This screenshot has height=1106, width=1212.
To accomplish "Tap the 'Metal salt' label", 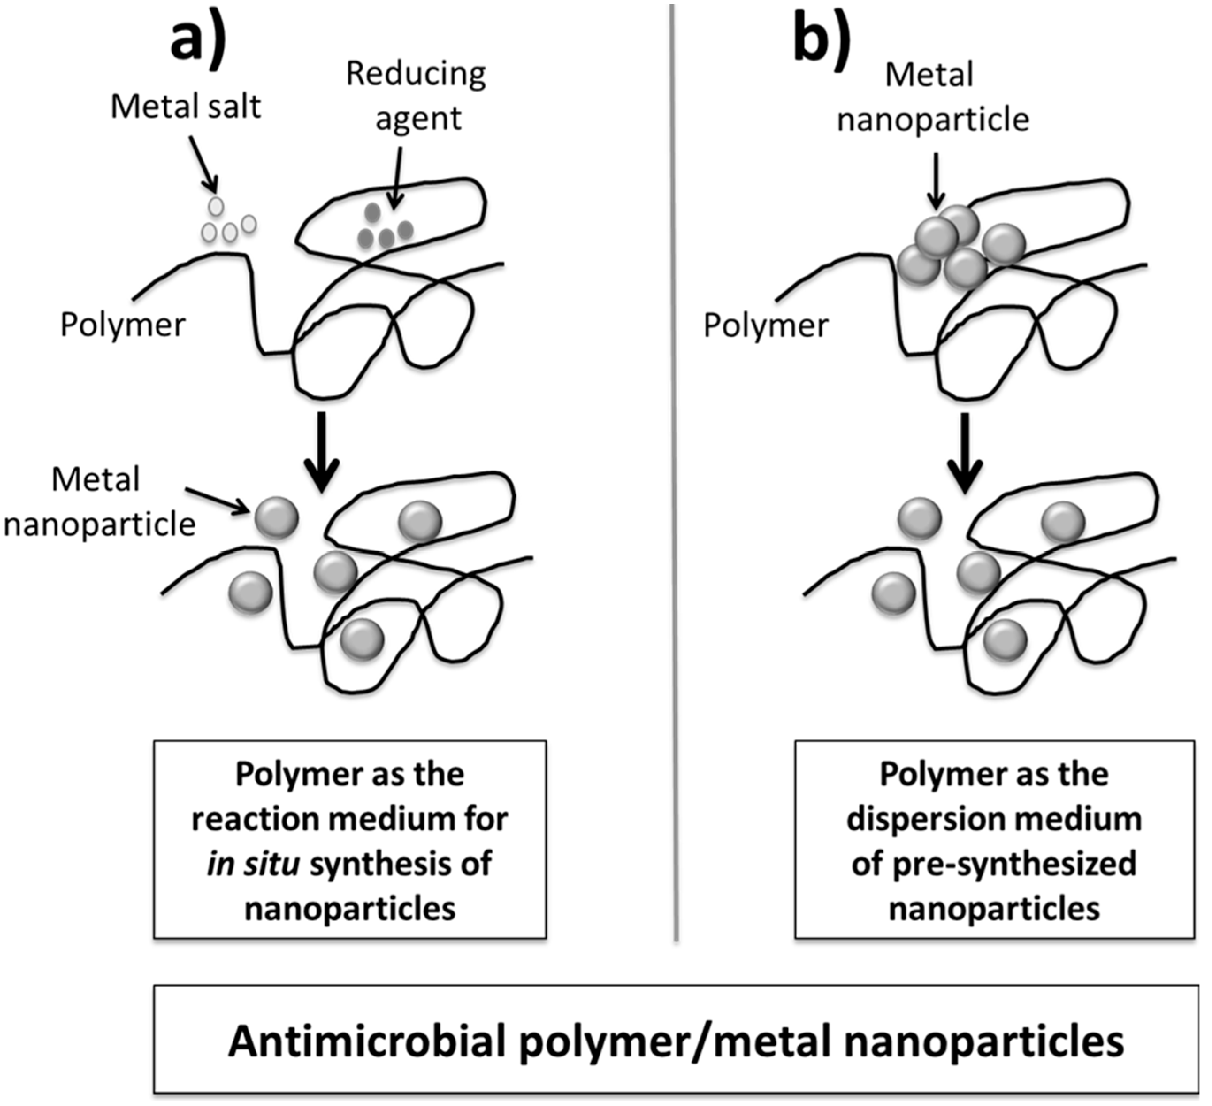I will coord(186,107).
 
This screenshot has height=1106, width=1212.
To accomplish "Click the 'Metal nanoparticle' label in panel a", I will coord(99,502).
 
